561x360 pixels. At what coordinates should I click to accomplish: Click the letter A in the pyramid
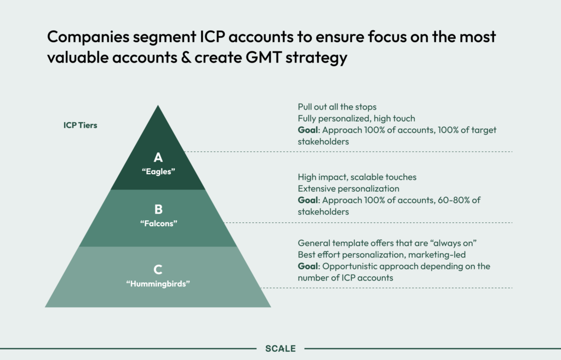coord(158,158)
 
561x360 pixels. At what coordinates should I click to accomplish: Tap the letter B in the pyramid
coord(158,209)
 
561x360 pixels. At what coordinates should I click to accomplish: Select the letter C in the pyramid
coord(158,269)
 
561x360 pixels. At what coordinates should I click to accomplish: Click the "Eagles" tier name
coord(158,171)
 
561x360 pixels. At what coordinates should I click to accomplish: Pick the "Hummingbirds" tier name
coord(158,283)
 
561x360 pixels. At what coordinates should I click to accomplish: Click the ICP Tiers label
coord(80,125)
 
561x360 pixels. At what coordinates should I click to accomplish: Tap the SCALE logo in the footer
coord(280,348)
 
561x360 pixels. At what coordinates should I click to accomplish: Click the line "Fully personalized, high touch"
coord(356,118)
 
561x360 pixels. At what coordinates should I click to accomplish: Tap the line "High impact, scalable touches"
coord(357,178)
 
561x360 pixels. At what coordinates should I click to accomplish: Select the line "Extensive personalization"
coord(348,189)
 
